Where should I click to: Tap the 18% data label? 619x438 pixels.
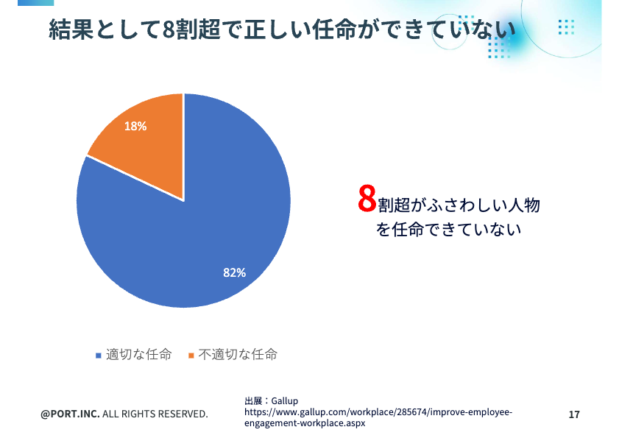pos(135,126)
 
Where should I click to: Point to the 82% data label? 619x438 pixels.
pos(234,272)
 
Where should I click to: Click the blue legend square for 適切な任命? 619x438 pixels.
pos(98,356)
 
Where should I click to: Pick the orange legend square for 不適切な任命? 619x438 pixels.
pos(191,356)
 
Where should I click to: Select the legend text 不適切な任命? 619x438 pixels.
pos(237,355)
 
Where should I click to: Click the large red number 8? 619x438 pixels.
pos(367,199)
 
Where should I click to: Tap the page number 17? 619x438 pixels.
pos(574,414)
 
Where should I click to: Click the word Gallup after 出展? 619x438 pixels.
pos(284,400)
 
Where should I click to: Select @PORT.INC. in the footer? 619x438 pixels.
pos(70,414)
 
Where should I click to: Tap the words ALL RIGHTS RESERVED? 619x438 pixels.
pos(155,414)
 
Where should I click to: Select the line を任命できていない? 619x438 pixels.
pos(448,230)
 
